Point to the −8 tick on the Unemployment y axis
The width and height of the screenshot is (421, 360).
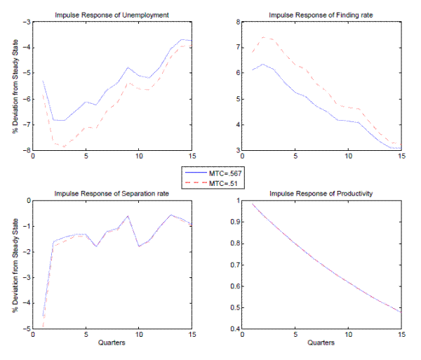27,150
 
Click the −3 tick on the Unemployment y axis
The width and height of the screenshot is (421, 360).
27,22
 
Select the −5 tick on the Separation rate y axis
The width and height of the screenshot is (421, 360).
27,328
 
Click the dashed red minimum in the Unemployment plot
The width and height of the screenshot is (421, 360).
64,147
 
